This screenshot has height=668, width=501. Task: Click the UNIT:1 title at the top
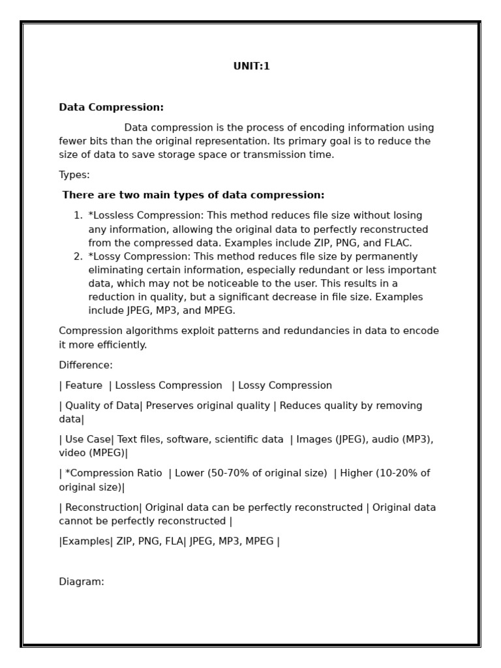251,66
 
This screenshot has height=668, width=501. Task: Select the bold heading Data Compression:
111,107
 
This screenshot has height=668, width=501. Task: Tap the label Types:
74,175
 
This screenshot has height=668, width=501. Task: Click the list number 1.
78,215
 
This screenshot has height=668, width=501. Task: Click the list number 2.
78,256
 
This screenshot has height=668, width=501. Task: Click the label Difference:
85,365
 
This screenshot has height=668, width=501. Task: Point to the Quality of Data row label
102,406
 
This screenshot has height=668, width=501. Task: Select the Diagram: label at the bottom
82,582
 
